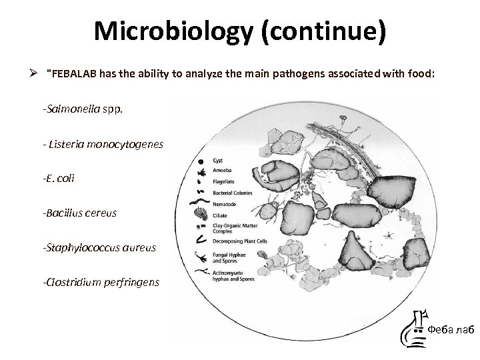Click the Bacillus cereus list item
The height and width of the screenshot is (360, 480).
(x=79, y=213)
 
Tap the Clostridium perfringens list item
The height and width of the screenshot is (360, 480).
(x=101, y=282)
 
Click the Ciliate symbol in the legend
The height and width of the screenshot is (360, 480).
(x=201, y=215)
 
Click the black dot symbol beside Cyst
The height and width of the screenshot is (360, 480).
(x=201, y=161)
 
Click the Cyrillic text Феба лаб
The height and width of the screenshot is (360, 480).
(x=450, y=329)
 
